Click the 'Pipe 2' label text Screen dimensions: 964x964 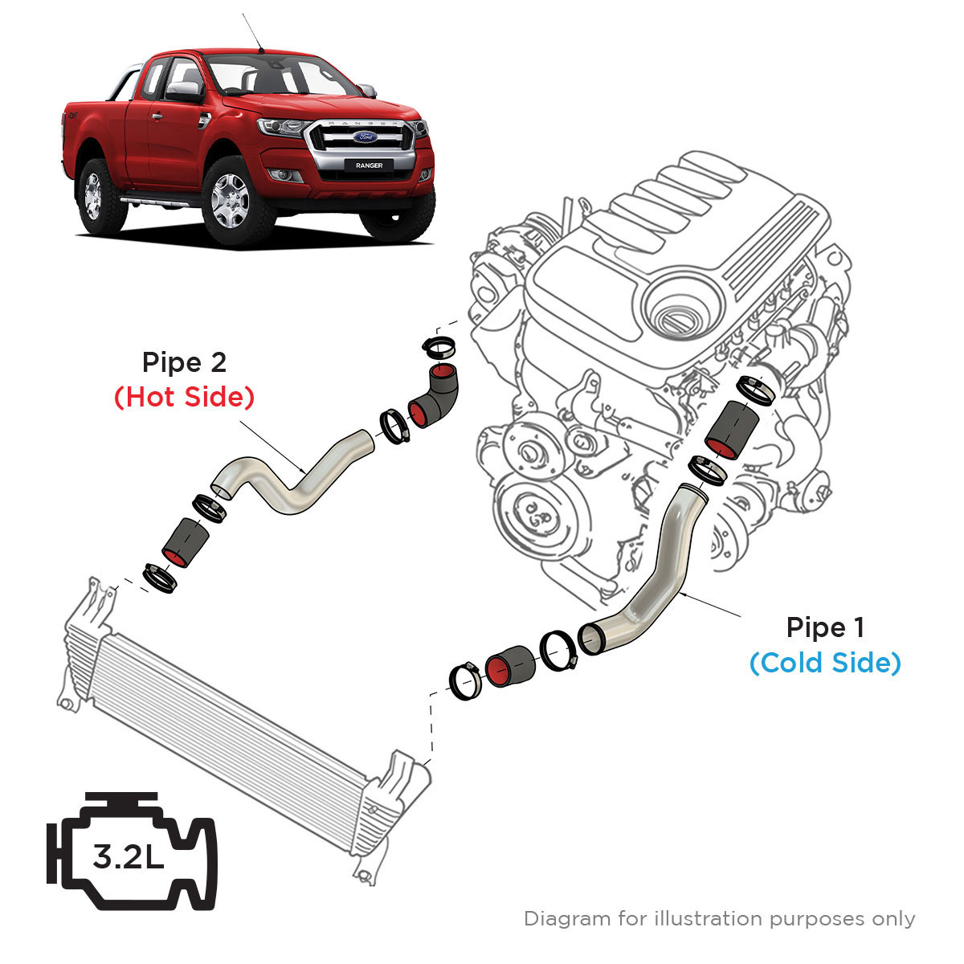point(184,362)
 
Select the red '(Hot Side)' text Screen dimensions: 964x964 point(184,397)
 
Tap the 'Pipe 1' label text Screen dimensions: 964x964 point(825,627)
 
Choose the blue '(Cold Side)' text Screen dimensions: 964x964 point(825,664)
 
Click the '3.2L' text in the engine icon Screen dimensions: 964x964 point(129,858)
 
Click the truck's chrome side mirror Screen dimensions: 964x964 point(184,90)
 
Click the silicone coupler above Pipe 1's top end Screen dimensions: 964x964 point(731,427)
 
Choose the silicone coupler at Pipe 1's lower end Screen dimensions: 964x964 point(509,664)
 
